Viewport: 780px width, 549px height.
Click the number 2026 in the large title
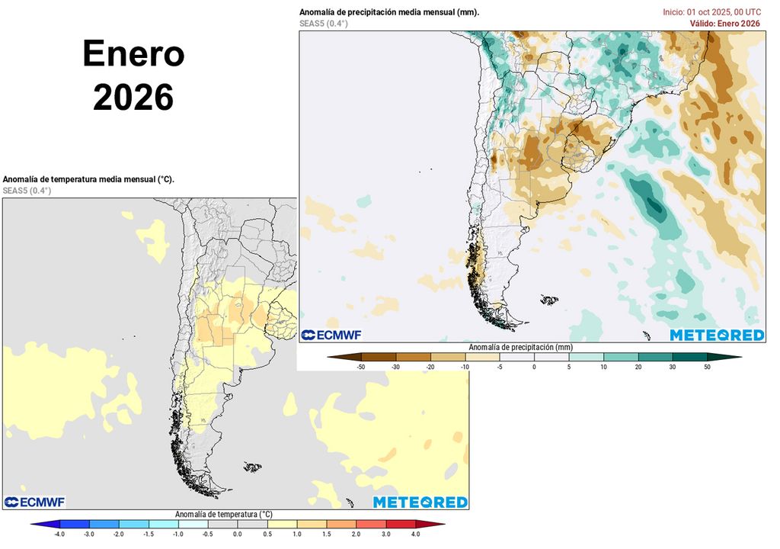[x=133, y=98]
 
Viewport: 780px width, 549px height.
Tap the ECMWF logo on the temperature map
[x=34, y=502]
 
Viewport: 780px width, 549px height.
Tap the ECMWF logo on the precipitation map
[x=331, y=335]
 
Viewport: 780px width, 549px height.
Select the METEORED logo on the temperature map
[x=420, y=502]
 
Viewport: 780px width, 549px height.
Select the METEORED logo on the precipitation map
[x=717, y=335]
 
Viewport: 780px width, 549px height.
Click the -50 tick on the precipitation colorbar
[x=362, y=367]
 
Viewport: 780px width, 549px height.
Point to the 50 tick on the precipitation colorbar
[x=706, y=367]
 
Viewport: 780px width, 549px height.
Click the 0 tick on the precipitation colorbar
[x=534, y=367]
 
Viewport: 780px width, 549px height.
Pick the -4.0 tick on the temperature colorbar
[x=59, y=535]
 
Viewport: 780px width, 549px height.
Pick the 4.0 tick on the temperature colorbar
[x=415, y=535]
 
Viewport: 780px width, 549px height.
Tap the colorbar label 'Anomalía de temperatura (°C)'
[x=223, y=515]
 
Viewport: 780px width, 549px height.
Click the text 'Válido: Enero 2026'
[x=724, y=24]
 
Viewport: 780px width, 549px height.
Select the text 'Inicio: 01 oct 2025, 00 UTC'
[x=711, y=12]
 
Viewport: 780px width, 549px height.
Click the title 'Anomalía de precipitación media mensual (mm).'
[x=389, y=12]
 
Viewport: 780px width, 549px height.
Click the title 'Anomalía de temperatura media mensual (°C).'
[x=88, y=179]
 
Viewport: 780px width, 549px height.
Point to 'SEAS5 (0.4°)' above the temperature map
[x=27, y=191]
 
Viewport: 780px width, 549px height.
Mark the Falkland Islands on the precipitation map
[x=548, y=300]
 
